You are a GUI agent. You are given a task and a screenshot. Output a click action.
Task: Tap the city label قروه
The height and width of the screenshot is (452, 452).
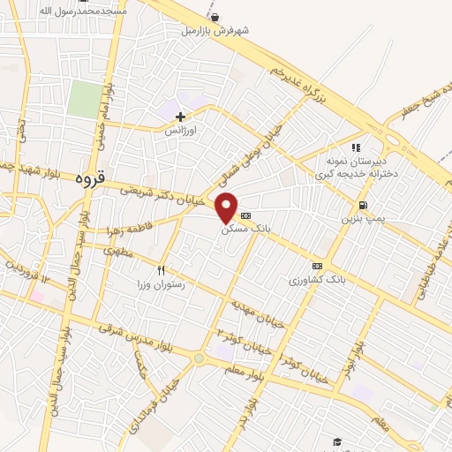[x=90, y=177]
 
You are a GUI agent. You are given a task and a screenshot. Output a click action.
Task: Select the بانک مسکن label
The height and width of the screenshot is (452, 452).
[x=246, y=229]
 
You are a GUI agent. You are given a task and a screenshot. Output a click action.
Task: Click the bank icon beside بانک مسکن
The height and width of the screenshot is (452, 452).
[x=245, y=215]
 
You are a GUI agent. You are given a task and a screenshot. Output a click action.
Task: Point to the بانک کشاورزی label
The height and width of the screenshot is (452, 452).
[x=317, y=280]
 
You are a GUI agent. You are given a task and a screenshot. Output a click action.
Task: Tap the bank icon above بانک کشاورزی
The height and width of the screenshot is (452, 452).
[x=317, y=266]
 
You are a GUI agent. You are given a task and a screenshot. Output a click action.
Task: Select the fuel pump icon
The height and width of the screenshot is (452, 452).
[x=363, y=205]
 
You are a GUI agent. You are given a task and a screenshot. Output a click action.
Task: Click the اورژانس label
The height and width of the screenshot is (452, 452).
[x=180, y=129]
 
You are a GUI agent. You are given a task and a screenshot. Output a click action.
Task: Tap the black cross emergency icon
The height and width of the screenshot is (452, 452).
[x=180, y=116]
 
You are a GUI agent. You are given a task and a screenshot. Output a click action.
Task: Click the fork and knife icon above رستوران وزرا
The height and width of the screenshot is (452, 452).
[x=161, y=269]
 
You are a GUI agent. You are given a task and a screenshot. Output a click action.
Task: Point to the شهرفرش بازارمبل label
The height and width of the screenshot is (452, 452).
[x=216, y=29]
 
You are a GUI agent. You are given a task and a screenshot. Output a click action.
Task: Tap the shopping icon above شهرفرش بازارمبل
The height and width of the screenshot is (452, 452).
[x=215, y=16]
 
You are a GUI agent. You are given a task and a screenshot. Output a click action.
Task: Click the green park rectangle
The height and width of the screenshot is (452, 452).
[x=84, y=98]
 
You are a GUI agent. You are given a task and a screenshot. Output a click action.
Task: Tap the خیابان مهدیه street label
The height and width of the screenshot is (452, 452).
[x=258, y=313]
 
